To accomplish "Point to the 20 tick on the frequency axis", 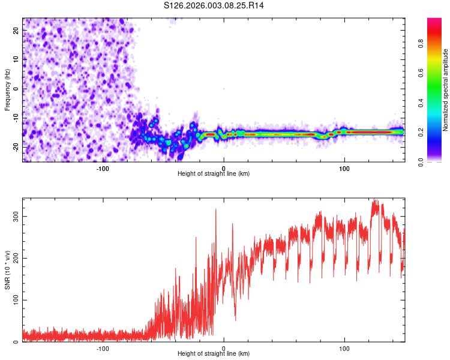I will coord(16,29).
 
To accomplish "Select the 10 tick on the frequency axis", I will coord(16,59).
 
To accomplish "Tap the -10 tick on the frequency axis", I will coord(15,118).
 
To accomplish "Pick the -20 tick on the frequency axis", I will coord(15,147).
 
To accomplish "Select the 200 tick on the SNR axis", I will coord(14,258).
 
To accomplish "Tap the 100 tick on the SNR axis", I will coord(14,300).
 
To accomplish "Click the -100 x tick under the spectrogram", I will coord(103,168).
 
